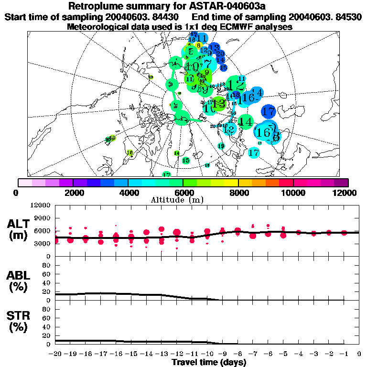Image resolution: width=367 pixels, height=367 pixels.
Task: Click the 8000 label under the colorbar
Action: pos(238,193)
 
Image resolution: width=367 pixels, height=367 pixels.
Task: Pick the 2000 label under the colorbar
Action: pos(73,193)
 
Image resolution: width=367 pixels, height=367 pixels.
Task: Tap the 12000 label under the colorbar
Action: pos(345,193)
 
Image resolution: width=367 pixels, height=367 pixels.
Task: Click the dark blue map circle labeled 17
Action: pos(269,111)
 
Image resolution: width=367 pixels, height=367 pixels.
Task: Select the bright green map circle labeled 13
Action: pos(218,103)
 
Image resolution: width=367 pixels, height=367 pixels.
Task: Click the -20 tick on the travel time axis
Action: pos(55,354)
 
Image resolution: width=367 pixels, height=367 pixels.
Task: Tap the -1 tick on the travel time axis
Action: pos(344,354)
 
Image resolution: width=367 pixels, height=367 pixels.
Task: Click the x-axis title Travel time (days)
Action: pos(209,362)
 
